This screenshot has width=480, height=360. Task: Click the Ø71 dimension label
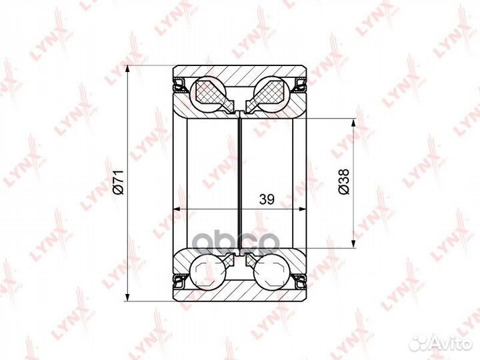[x=118, y=182]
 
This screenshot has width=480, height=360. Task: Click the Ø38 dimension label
[x=344, y=181]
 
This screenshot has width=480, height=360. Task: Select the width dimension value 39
[x=267, y=199]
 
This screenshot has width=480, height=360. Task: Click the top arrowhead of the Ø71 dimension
[x=128, y=69]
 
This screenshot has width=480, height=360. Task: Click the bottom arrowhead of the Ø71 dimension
[x=128, y=297]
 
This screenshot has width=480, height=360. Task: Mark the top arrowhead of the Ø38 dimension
[x=353, y=123]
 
